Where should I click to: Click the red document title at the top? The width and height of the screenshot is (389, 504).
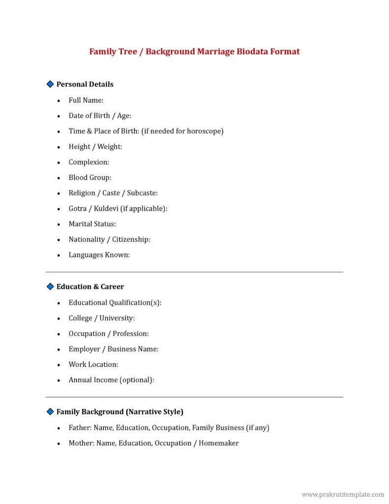coord(194,52)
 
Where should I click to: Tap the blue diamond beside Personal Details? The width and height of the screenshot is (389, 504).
coord(50,84)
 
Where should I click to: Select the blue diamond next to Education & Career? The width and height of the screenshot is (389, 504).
coord(50,286)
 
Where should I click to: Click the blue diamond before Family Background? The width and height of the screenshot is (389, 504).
coord(50,411)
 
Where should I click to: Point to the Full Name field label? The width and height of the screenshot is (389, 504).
coord(86,100)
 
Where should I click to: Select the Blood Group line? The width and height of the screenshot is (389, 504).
coord(90,178)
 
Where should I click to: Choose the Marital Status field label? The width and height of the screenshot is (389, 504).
coord(92,224)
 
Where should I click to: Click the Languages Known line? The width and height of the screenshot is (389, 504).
coord(99,255)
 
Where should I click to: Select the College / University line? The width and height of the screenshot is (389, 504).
coord(102,318)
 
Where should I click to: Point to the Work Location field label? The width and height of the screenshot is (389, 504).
coord(93,365)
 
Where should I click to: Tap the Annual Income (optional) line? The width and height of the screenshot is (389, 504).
coord(112,380)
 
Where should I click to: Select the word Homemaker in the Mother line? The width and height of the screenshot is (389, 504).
coord(219,443)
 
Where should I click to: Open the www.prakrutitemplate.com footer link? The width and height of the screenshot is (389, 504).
coord(343,494)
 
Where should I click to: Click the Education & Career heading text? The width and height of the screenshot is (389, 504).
coord(90,286)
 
